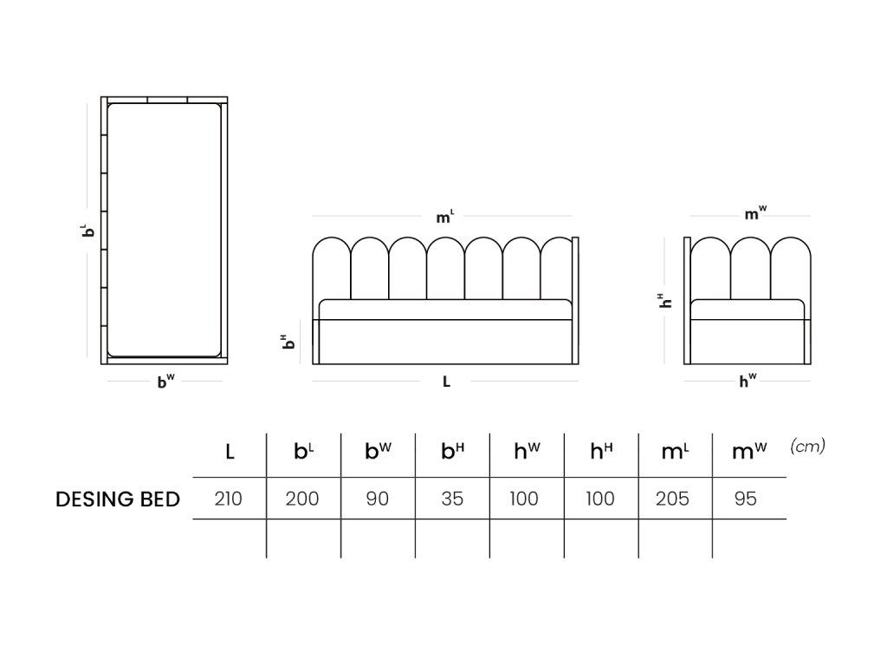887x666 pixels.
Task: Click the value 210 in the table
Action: point(229,499)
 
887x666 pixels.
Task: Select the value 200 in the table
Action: point(302,499)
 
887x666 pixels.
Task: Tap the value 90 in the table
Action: point(378,499)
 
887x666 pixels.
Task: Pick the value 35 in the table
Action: point(452,499)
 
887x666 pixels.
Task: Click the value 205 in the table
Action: point(672,499)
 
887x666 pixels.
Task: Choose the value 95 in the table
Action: point(746,499)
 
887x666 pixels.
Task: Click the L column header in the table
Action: point(230,452)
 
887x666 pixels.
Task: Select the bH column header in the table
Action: point(452,451)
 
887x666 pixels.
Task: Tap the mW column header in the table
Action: point(749,451)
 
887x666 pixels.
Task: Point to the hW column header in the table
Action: point(527,451)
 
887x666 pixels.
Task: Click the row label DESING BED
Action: point(118,499)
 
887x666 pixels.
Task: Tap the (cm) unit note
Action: point(808,447)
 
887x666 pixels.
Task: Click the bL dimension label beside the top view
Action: point(87,230)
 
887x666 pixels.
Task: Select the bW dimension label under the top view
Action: point(165,382)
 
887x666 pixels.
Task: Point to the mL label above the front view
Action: point(444,216)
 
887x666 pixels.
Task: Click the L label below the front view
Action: point(446,382)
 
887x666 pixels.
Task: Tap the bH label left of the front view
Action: point(288,342)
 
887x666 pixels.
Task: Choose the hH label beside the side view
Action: point(665,301)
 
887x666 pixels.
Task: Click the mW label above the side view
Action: point(755,213)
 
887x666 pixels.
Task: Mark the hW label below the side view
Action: point(748,381)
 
